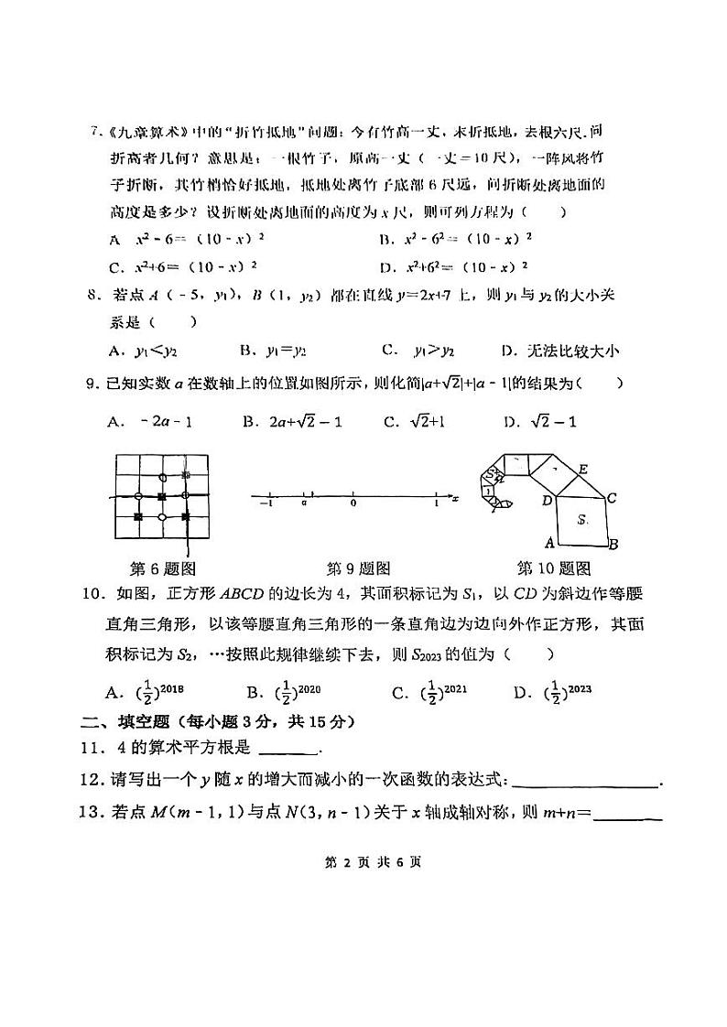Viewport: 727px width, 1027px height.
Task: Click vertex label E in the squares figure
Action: click(x=582, y=470)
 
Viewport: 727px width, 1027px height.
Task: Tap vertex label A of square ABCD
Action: click(x=549, y=541)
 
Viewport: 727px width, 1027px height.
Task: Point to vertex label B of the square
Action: click(x=613, y=544)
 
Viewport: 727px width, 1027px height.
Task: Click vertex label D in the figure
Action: click(x=547, y=500)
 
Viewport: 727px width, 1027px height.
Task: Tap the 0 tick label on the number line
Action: click(x=353, y=503)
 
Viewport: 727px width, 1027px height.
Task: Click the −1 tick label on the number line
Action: click(x=266, y=503)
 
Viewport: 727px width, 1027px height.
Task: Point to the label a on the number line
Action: click(x=303, y=503)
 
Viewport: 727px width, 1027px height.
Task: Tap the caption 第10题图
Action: click(x=554, y=568)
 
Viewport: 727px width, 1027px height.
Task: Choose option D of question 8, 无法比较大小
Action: click(x=560, y=350)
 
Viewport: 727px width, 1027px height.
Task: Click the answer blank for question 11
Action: click(x=289, y=749)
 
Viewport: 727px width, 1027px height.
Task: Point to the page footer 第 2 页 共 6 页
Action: click(x=363, y=861)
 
